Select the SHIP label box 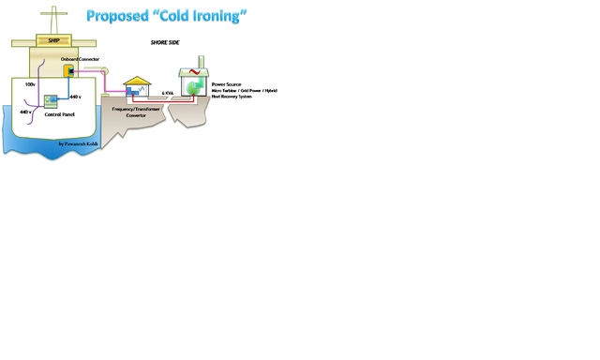click(x=54, y=41)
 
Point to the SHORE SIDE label click(x=165, y=43)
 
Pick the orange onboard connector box click(x=69, y=71)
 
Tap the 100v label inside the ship click(x=29, y=84)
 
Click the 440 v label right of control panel click(x=75, y=97)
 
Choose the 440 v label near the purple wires click(x=26, y=112)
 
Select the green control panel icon click(x=51, y=100)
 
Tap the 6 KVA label click(x=168, y=93)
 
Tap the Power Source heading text click(x=226, y=84)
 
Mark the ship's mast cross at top click(x=52, y=12)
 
